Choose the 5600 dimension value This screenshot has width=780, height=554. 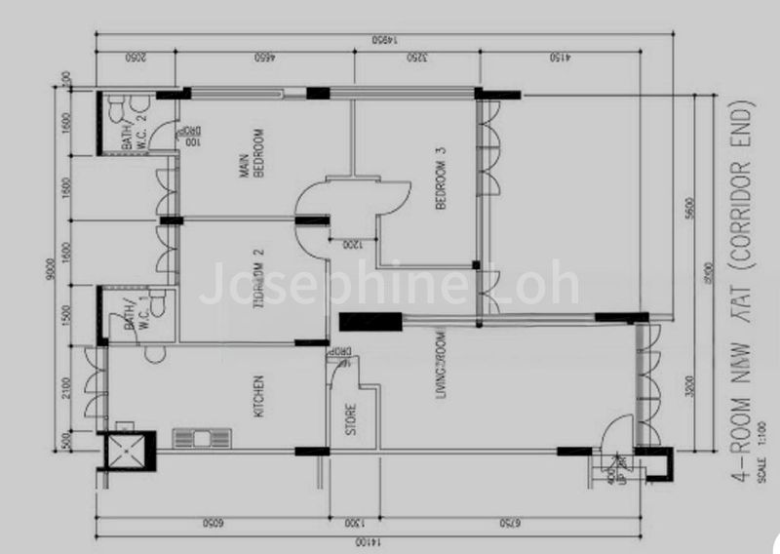[x=688, y=208]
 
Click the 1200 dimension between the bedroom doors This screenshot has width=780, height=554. [x=348, y=245]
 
